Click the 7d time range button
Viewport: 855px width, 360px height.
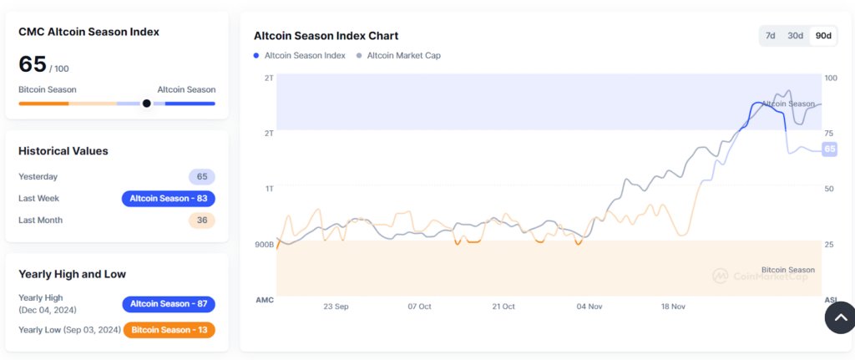point(770,35)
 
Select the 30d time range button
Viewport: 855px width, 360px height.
point(795,35)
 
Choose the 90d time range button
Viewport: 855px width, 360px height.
point(823,35)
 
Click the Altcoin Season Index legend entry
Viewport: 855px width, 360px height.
point(300,56)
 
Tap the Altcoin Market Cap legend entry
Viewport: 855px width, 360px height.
point(398,56)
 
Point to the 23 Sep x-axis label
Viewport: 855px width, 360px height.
point(336,307)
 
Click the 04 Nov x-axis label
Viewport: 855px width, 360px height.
point(589,307)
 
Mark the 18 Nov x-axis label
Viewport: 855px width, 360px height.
point(673,307)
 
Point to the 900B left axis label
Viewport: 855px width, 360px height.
point(265,245)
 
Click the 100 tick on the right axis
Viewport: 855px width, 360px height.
point(831,78)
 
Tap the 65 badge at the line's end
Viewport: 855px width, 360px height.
point(830,149)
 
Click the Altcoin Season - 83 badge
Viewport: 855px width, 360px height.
point(169,199)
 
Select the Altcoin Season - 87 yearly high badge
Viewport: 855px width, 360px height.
point(169,304)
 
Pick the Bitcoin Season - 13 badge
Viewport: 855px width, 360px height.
point(169,330)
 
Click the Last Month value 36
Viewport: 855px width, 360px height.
point(202,221)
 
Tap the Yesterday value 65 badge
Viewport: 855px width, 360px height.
point(202,177)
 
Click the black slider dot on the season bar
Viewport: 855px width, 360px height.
point(146,103)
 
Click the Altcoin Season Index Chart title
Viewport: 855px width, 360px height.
point(326,36)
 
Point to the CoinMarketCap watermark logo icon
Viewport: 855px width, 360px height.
point(721,276)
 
